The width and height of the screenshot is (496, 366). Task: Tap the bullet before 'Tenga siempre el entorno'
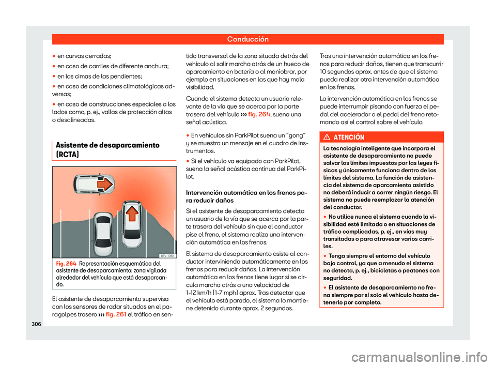(324, 256)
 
